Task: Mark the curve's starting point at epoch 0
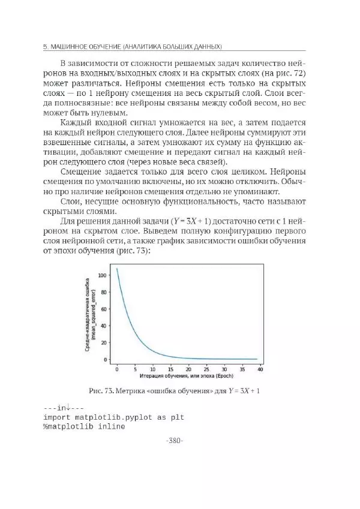coord(117,269)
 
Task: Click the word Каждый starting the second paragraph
coord(78,122)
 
